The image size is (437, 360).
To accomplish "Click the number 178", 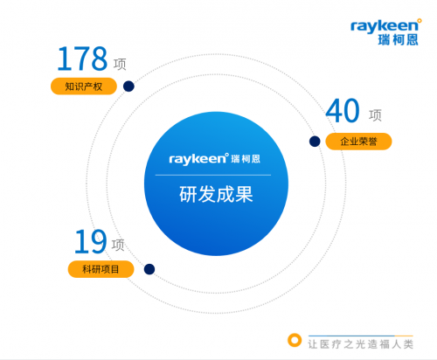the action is click(82, 59).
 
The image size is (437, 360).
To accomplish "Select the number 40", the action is click(343, 110).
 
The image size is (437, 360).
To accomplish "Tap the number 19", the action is click(91, 241).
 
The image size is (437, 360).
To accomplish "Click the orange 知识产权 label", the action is click(84, 87).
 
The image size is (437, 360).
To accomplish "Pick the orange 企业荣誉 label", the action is click(358, 142).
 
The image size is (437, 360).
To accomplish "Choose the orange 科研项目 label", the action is click(101, 269).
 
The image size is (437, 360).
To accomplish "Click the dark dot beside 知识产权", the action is click(128, 87).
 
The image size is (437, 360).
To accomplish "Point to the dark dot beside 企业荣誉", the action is click(315, 142).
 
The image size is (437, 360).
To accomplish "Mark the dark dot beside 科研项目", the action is click(149, 269).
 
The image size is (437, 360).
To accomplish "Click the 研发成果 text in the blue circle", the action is click(216, 194).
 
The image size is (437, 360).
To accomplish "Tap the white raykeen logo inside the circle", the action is click(214, 159).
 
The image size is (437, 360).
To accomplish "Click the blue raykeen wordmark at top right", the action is click(385, 26).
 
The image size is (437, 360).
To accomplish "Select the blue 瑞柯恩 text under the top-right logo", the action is click(398, 40).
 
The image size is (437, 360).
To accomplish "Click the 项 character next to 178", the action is click(120, 64).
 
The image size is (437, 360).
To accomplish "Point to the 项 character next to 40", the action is click(375, 115).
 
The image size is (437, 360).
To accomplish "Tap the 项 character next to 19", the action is click(118, 245).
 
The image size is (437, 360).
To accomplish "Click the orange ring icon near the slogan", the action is click(295, 340).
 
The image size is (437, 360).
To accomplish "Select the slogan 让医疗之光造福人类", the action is click(361, 344).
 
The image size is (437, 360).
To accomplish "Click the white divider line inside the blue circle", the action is click(213, 175).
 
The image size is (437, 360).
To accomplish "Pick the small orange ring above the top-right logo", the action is click(420, 21).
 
